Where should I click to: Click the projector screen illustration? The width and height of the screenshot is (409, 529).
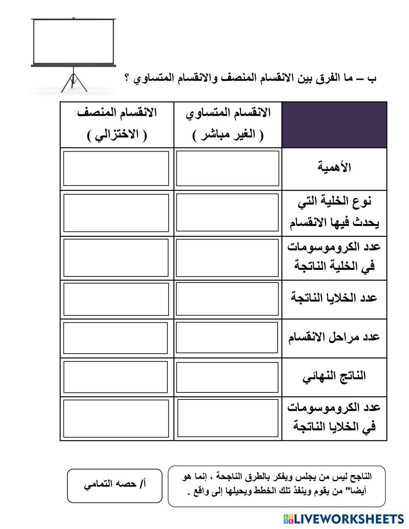coord(74,41)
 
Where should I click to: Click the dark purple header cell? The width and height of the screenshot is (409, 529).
coord(334,125)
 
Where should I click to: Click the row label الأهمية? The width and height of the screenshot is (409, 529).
coord(334,167)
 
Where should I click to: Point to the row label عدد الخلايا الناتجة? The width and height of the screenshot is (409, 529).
coord(334,298)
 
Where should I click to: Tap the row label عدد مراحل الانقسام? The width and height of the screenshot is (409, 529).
coord(334,337)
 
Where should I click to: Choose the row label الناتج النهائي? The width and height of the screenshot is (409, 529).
coord(334,376)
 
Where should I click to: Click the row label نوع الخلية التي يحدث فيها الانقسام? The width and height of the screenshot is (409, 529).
coord(334,213)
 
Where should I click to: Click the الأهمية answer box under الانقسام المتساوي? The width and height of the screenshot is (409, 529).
coord(228,168)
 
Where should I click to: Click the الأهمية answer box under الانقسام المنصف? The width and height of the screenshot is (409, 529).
coord(116,168)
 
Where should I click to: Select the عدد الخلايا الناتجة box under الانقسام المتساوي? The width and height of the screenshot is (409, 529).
coord(228,299)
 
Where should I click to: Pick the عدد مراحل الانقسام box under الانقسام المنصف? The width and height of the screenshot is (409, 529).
coord(116,338)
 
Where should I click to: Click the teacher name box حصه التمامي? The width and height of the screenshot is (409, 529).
coord(115,485)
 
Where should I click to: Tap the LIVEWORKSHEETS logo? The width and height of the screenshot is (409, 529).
coord(343,519)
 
